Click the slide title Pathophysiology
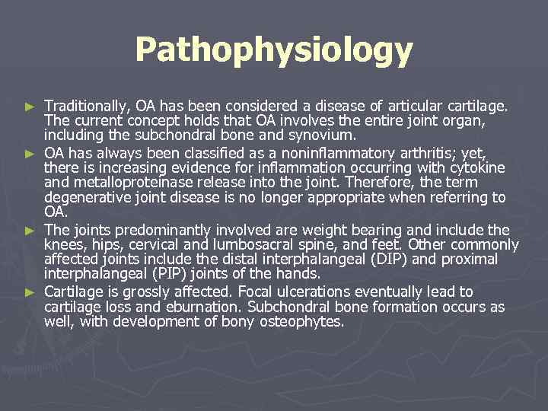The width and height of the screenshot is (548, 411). tap(274, 51)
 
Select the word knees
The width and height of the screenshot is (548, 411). tap(63, 245)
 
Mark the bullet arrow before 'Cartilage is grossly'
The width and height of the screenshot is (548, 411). tap(30, 292)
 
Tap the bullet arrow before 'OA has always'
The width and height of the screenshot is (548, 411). tap(30, 152)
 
